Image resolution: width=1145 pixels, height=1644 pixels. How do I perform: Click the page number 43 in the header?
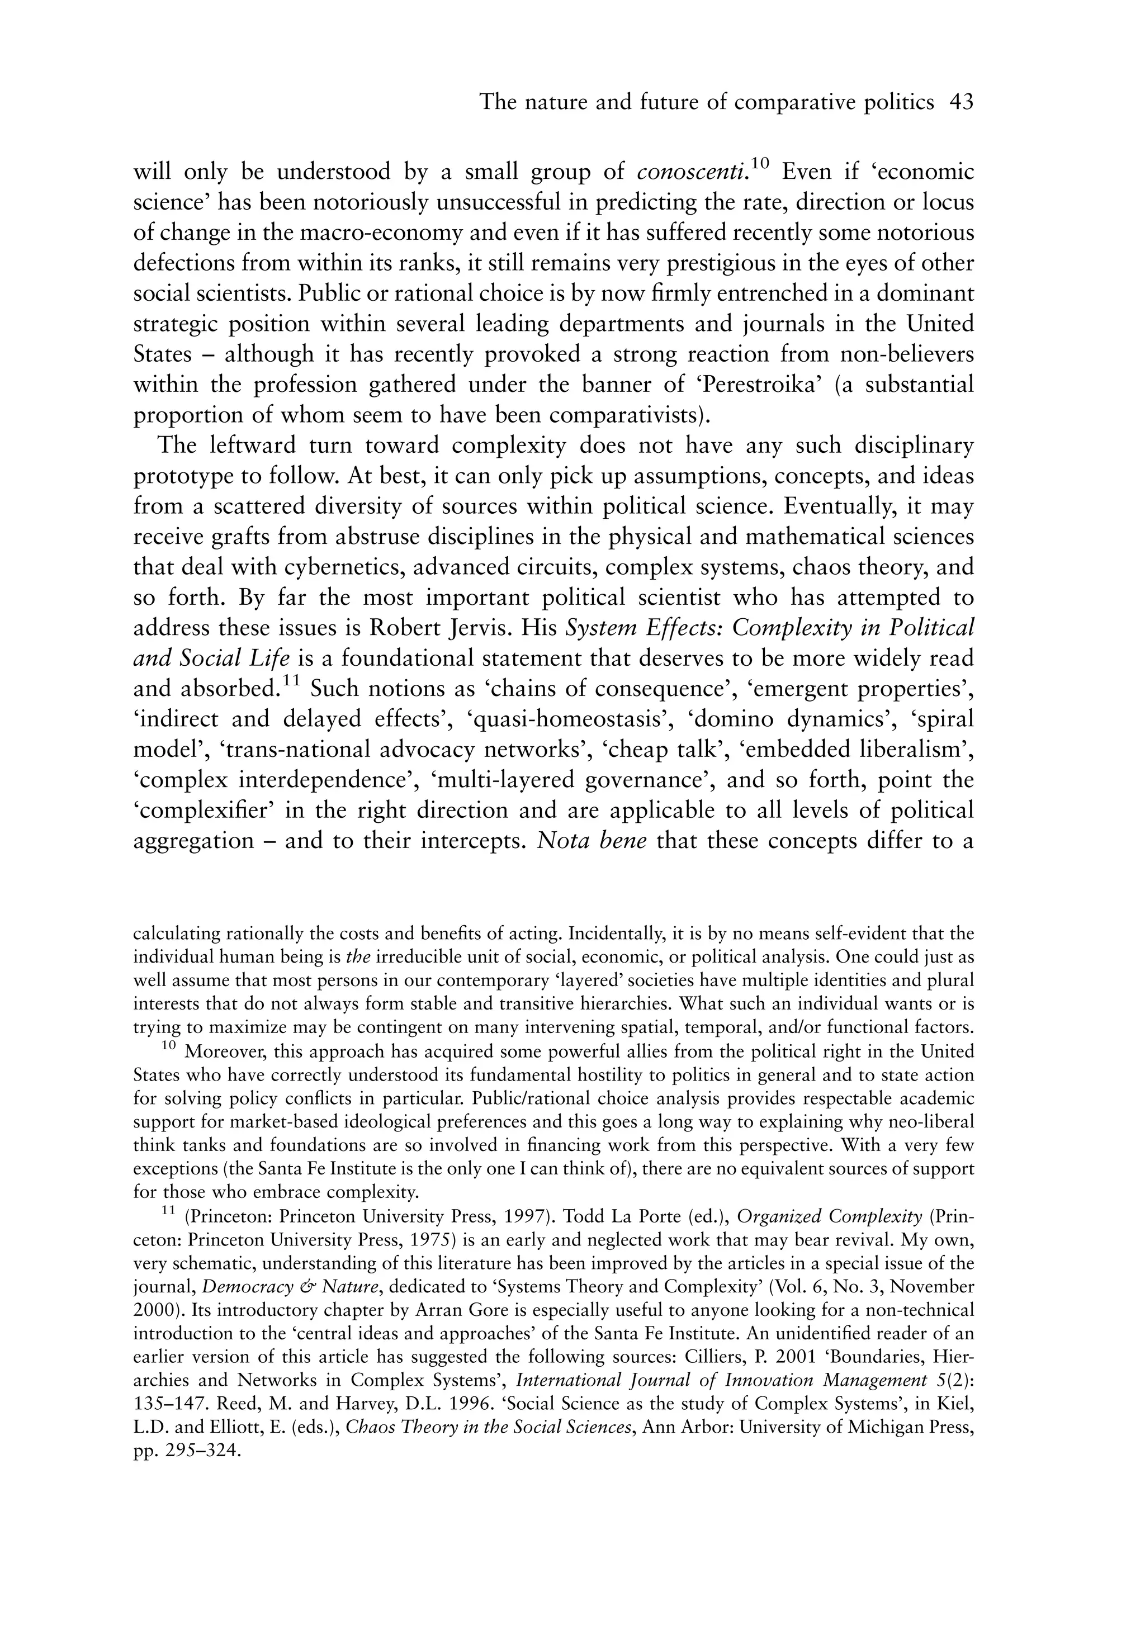(961, 103)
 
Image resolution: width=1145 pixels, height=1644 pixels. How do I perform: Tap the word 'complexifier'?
(207, 810)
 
